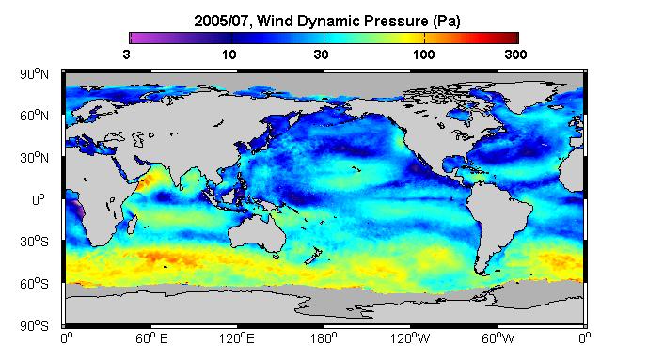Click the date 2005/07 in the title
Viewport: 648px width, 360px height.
coord(222,21)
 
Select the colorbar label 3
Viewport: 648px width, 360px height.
coord(126,55)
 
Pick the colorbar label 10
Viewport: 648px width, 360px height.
coord(229,55)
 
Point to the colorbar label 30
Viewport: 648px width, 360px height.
coord(321,55)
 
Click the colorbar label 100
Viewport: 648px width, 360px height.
coord(423,55)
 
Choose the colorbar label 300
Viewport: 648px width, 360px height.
coord(515,55)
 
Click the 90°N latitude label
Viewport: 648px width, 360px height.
coord(34,74)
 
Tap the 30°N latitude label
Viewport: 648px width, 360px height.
coord(34,158)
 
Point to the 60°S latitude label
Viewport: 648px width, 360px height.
coord(34,284)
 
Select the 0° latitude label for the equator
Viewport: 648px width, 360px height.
coord(38,200)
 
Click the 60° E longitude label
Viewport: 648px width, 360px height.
coord(151,338)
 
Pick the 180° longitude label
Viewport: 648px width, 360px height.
coord(324,338)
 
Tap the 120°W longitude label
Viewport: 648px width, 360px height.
coord(410,338)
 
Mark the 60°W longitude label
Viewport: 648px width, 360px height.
coord(498,338)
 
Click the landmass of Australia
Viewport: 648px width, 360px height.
coord(256,232)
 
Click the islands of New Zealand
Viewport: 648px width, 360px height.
coord(314,255)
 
